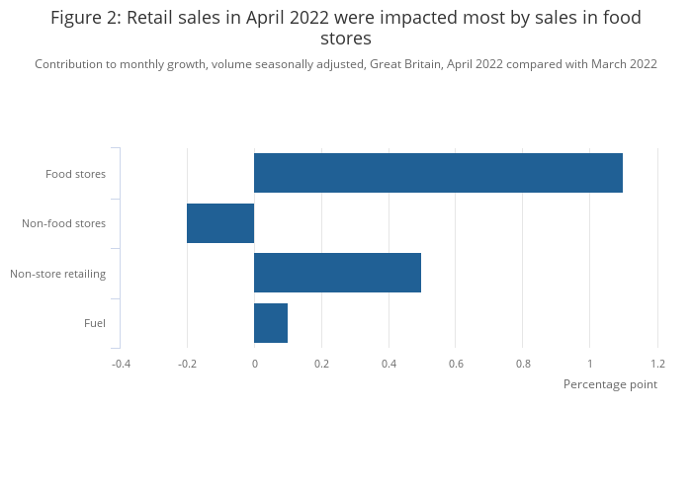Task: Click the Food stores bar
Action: pos(438,173)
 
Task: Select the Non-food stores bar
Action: pos(220,223)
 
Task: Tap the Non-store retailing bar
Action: pos(337,273)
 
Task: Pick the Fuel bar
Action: pos(271,323)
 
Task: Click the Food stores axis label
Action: pos(75,174)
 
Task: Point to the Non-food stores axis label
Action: pos(63,223)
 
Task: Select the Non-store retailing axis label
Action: pos(57,274)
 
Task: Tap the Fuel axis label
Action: pos(95,323)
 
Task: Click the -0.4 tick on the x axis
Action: pos(120,364)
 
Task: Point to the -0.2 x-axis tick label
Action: pos(187,364)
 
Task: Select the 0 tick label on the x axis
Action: pos(254,364)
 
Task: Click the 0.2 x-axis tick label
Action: pos(321,364)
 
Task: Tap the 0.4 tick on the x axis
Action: pos(389,364)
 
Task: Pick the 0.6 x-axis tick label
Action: pos(456,364)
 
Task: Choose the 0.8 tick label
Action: pos(523,364)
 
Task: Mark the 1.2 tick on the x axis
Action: pos(657,364)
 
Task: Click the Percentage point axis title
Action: pos(610,384)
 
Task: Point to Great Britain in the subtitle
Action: pos(405,64)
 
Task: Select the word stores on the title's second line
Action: pos(346,40)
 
